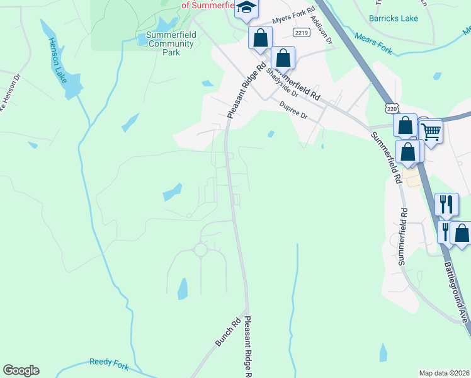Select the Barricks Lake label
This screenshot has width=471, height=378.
[x=393, y=18]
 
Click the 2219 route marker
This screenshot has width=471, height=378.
[x=300, y=31]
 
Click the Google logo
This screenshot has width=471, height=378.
[x=21, y=370]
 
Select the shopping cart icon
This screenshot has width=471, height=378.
[x=432, y=132]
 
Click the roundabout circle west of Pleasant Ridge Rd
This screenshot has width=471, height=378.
[x=200, y=250]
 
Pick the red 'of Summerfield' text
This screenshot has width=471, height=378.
[x=208, y=4]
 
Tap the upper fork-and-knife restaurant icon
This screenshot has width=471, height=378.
[x=446, y=203]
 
